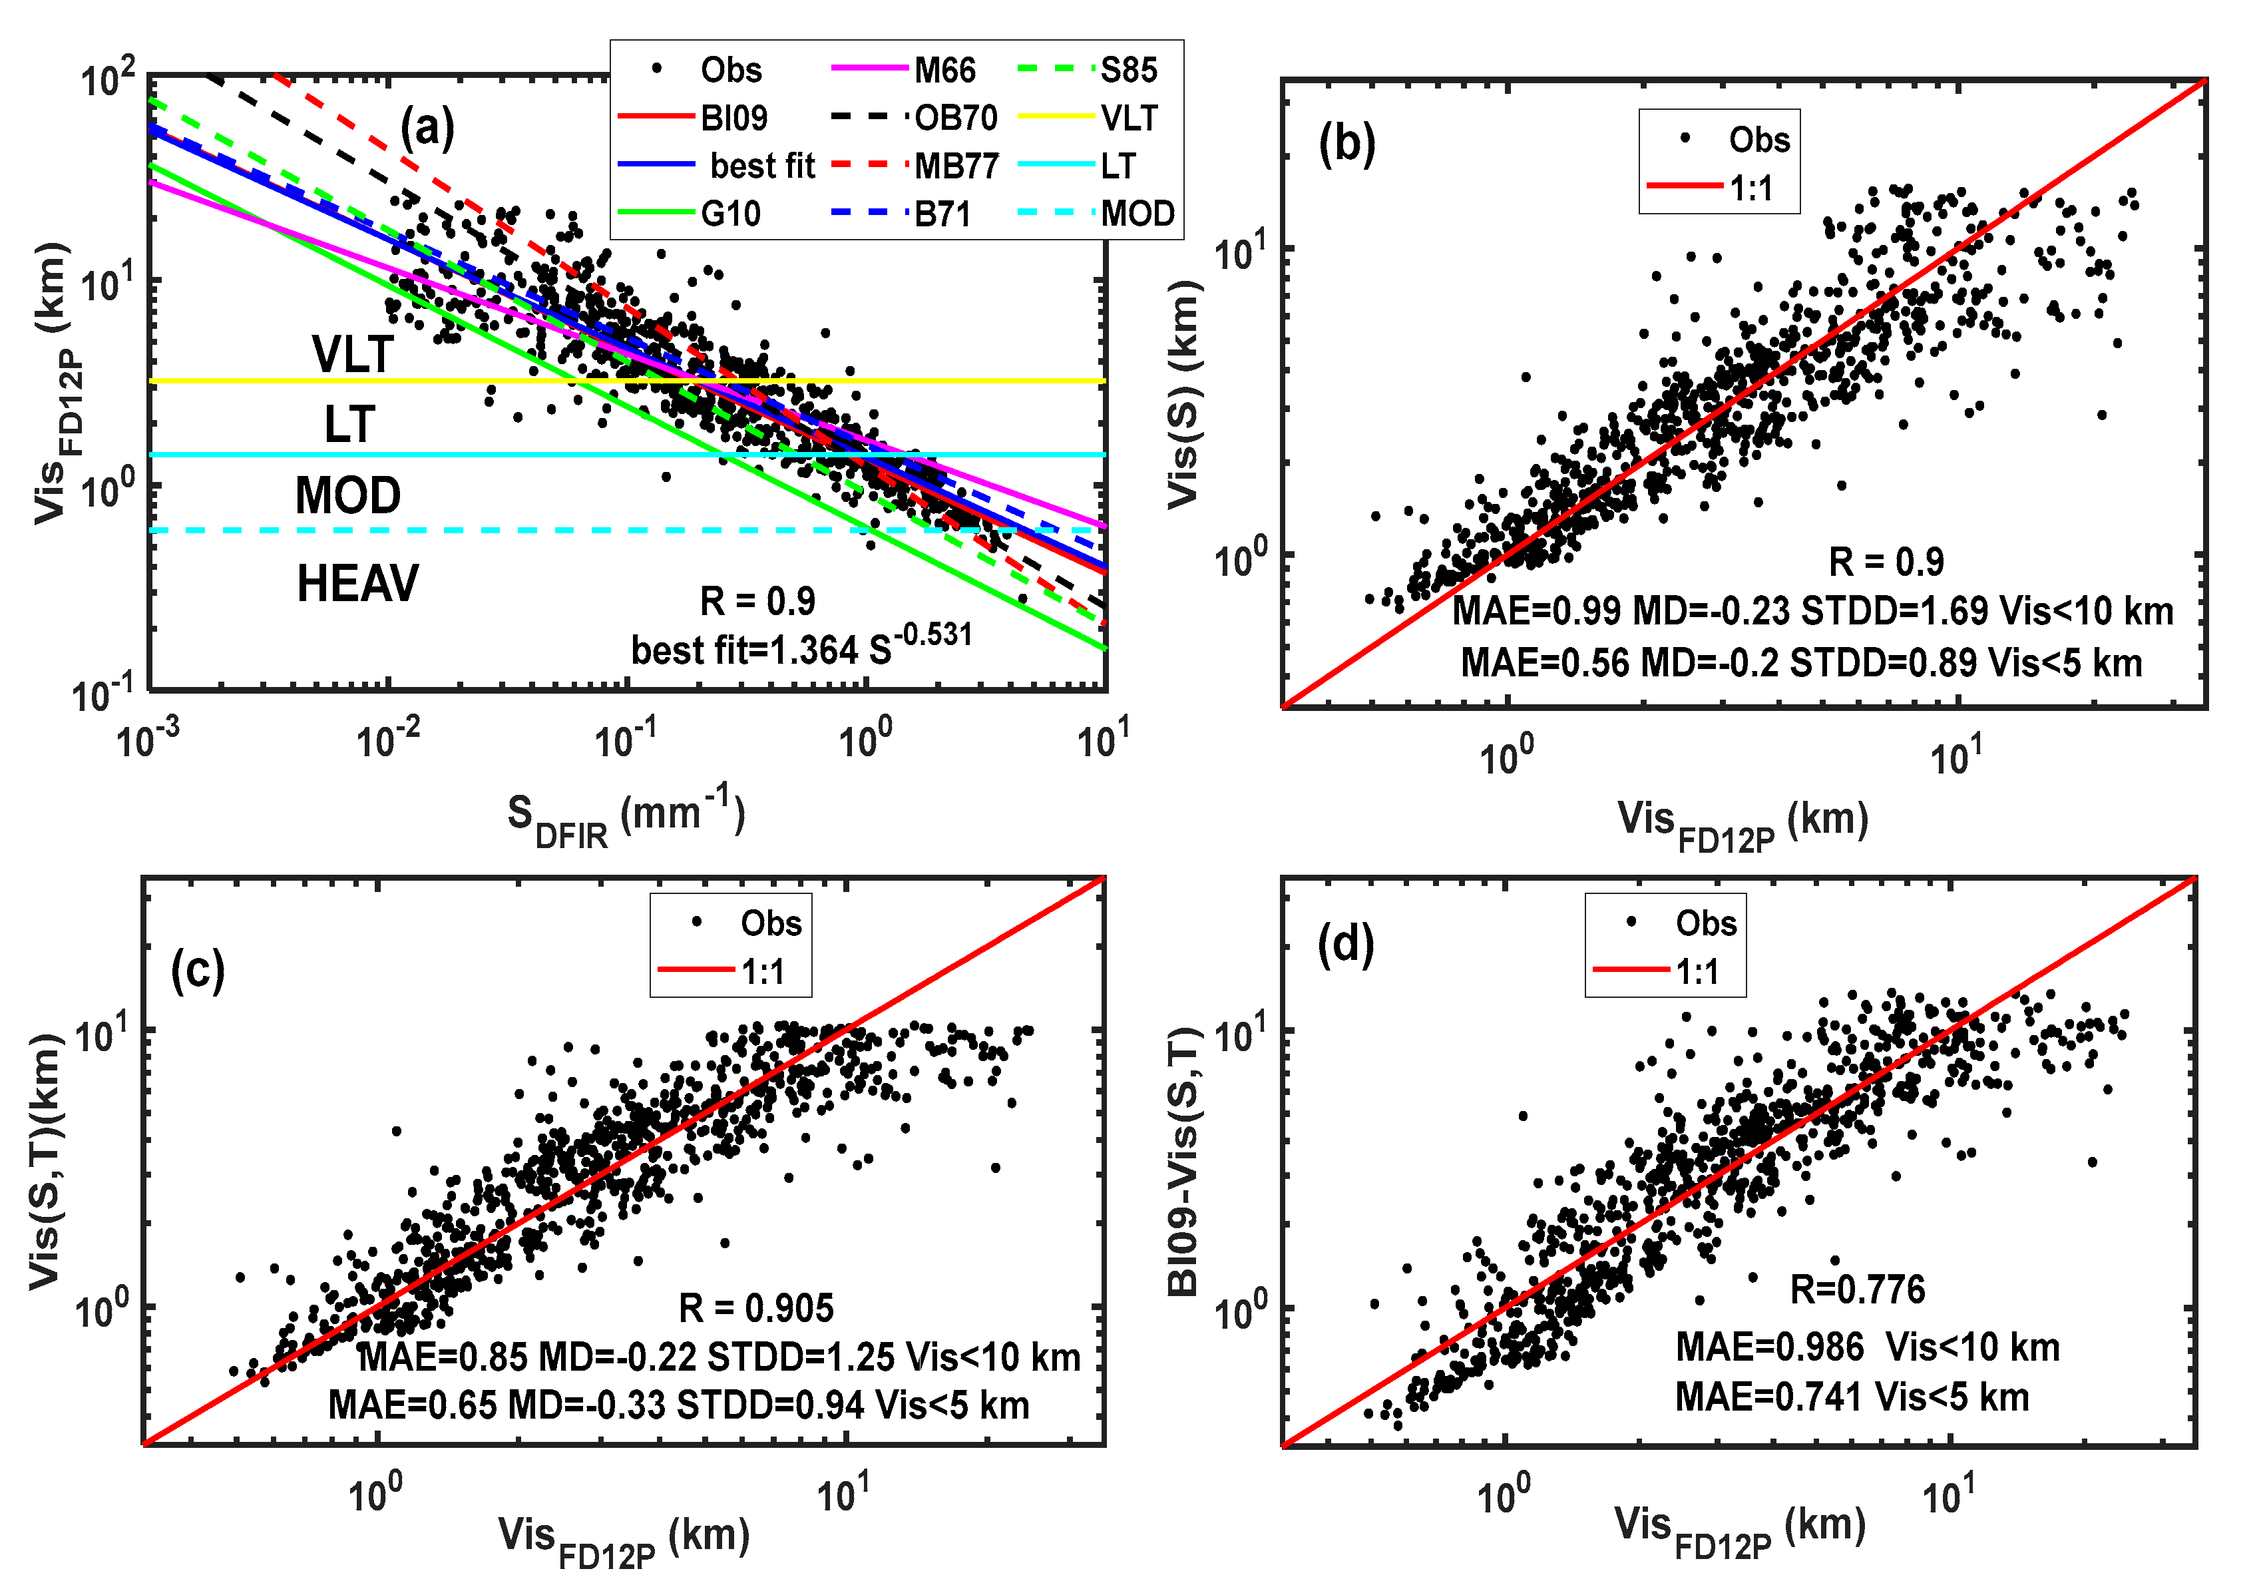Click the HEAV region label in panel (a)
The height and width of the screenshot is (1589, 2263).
357,584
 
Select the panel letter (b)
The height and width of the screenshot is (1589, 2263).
1346,144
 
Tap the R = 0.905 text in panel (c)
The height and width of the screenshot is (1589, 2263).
756,1308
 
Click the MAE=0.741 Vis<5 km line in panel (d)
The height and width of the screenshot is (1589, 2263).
1851,1397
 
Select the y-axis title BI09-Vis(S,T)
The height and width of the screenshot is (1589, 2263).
1182,1161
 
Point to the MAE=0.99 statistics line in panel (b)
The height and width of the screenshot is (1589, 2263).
1812,611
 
